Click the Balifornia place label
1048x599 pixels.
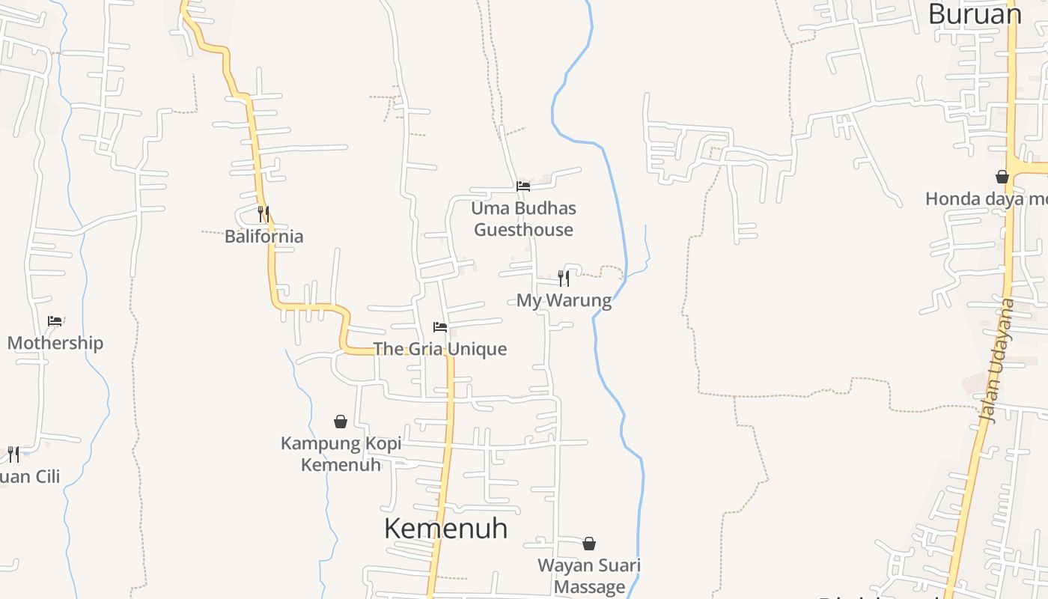pyautogui.click(x=264, y=237)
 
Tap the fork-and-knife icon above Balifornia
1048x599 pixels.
pyautogui.click(x=263, y=213)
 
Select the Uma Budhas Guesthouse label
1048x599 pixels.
pyautogui.click(x=524, y=219)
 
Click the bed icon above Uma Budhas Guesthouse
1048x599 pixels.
pyautogui.click(x=523, y=186)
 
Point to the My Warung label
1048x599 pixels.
pyautogui.click(x=564, y=301)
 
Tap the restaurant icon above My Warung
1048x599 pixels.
pyautogui.click(x=564, y=279)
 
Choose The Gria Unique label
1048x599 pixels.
pyautogui.click(x=440, y=349)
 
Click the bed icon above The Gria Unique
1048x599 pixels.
pyautogui.click(x=440, y=327)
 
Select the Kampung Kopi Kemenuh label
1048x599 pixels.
pyautogui.click(x=341, y=454)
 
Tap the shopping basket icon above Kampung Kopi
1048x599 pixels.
pyautogui.click(x=341, y=422)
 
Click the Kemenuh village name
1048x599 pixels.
pyautogui.click(x=445, y=529)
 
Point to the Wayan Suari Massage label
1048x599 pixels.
pyautogui.click(x=589, y=576)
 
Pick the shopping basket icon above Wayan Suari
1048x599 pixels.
pyautogui.click(x=589, y=543)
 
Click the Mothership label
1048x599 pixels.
pyautogui.click(x=55, y=344)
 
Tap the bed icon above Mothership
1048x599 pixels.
pyautogui.click(x=55, y=321)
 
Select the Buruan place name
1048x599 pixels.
pyautogui.click(x=975, y=14)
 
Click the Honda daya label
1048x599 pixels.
pyautogui.click(x=986, y=199)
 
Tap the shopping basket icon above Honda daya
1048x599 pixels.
pyautogui.click(x=1002, y=177)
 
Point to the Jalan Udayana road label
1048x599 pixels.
pyautogui.click(x=999, y=362)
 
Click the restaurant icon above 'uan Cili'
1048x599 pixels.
pyautogui.click(x=13, y=454)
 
